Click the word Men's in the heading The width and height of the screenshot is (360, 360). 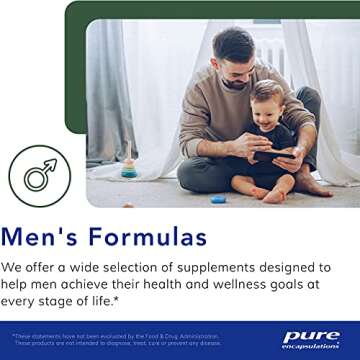pyautogui.click(x=53, y=237)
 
